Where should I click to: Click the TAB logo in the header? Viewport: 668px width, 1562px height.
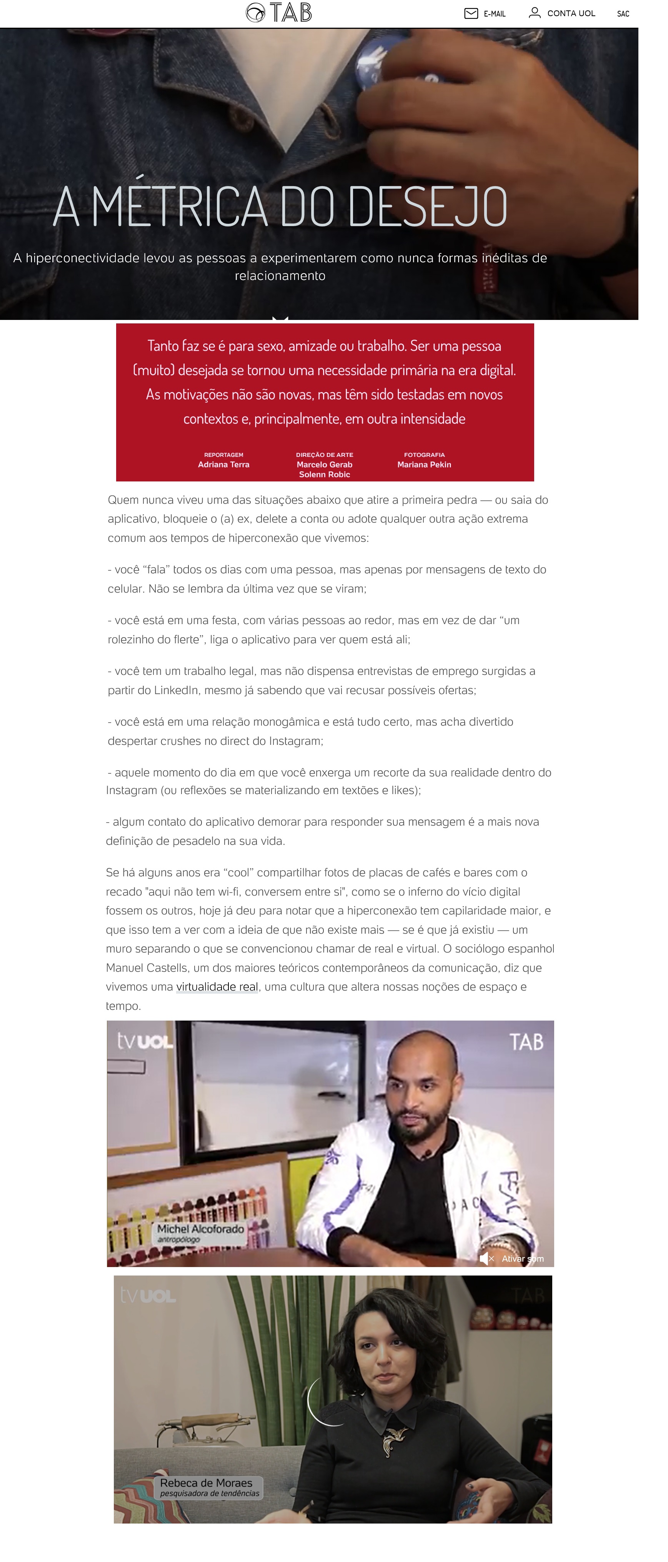[279, 12]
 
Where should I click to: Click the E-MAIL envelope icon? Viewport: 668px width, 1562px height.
[471, 13]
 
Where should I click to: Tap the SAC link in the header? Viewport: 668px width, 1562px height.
[623, 14]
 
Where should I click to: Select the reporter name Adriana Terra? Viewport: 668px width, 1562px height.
[224, 465]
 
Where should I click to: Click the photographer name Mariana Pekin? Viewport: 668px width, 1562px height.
[424, 465]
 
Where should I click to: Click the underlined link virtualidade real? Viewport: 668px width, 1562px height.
[217, 987]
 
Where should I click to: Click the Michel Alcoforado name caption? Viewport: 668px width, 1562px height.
[200, 1229]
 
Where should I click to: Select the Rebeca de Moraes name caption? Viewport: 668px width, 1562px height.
[206, 1482]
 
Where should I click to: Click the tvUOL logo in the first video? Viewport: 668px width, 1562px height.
[145, 1042]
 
